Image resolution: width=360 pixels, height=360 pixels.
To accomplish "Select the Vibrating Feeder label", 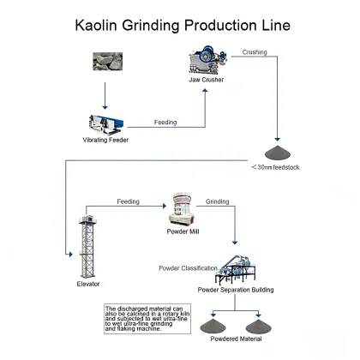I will pos(105,140).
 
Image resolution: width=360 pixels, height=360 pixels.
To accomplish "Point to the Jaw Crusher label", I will pos(206,82).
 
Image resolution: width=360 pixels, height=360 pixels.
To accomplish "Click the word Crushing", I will pos(255,52).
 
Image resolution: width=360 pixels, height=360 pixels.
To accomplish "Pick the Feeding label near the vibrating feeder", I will pos(165,123).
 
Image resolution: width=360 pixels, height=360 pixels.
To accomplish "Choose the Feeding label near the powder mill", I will pos(129,201).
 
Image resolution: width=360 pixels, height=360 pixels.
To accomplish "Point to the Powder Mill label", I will pos(183,231).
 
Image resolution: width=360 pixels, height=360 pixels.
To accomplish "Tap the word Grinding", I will pos(217,201).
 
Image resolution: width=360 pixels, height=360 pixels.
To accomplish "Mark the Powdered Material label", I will pos(238,339).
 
